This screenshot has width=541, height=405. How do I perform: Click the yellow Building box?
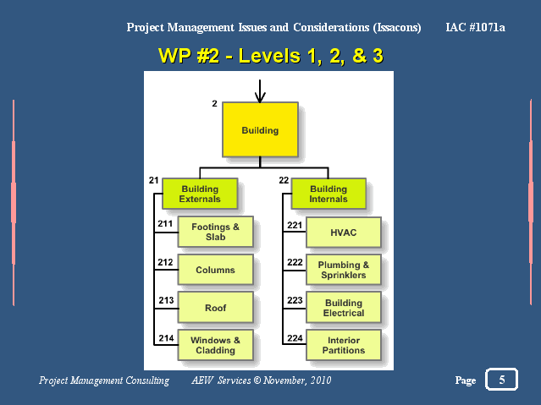[x=260, y=129]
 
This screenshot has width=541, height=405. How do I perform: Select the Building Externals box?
[x=200, y=194]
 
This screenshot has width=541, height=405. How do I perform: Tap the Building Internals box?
[x=328, y=194]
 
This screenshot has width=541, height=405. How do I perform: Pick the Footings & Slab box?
[x=216, y=232]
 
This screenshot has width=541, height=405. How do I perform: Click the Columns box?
[x=216, y=270]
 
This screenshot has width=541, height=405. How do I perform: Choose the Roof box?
[x=216, y=308]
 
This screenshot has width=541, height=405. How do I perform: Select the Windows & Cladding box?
[x=216, y=345]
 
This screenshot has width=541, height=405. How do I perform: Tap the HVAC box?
[x=344, y=233]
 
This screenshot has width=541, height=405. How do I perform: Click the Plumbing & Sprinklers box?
[x=344, y=270]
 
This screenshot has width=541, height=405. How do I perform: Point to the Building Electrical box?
[x=344, y=308]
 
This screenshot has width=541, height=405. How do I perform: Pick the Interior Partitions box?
[x=344, y=345]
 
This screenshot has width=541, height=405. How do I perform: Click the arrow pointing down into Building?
[x=260, y=91]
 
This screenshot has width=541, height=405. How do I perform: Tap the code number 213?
[x=166, y=300]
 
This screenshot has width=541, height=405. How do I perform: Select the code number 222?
[x=295, y=262]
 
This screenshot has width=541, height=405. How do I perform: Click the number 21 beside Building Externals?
[x=153, y=180]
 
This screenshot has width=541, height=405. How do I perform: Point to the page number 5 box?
[x=502, y=380]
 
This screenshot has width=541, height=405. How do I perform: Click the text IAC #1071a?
[x=475, y=27]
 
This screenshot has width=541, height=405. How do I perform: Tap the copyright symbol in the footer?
[x=257, y=380]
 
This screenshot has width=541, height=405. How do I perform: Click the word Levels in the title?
[x=269, y=56]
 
